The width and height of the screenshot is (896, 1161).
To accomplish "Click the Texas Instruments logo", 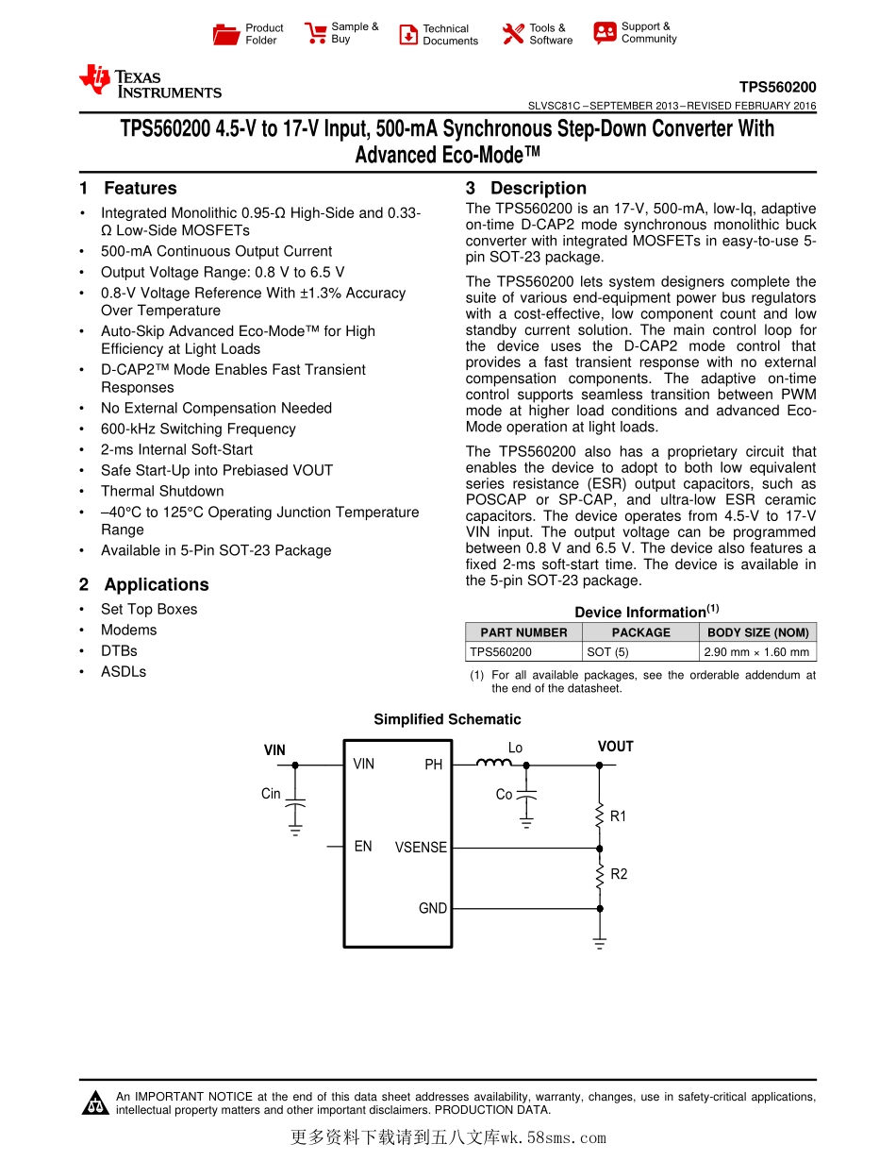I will pos(150,81).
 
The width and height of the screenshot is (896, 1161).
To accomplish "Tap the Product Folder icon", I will pos(226,35).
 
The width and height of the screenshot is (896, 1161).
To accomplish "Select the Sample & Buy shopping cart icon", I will pos(315,34).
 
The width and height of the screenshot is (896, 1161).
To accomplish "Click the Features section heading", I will pos(140,189).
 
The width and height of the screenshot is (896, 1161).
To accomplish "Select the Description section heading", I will pos(538,189).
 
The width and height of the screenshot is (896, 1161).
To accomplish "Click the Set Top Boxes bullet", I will pos(149,610).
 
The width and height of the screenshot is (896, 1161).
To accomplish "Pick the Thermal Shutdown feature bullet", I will pos(162,492).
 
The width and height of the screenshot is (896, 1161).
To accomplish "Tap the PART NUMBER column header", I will pos(523,632).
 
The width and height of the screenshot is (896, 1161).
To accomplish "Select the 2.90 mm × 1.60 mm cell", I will pos(756,652).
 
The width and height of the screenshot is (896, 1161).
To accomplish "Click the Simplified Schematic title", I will pos(447,719).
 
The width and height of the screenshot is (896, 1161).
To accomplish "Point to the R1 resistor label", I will pos(618,816).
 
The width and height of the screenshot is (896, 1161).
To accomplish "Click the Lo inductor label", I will pos(515,748).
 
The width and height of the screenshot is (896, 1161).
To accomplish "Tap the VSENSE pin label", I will pos(421,848).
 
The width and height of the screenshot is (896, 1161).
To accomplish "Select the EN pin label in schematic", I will pos(363,847).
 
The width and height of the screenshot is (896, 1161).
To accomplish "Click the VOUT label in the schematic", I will pos(615,747).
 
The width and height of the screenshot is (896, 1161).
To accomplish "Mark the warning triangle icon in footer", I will pos(95,1102).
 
